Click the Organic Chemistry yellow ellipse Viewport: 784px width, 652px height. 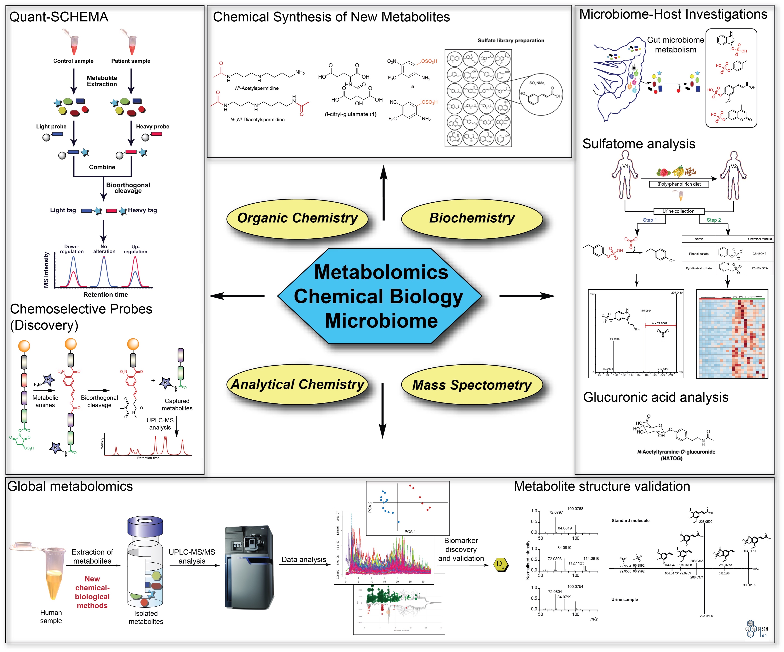[x=297, y=218]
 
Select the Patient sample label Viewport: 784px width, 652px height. [x=131, y=61]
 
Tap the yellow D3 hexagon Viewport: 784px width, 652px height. [x=500, y=565]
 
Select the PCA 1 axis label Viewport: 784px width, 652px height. [x=410, y=531]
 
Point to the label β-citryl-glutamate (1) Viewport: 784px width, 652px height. [x=350, y=114]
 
